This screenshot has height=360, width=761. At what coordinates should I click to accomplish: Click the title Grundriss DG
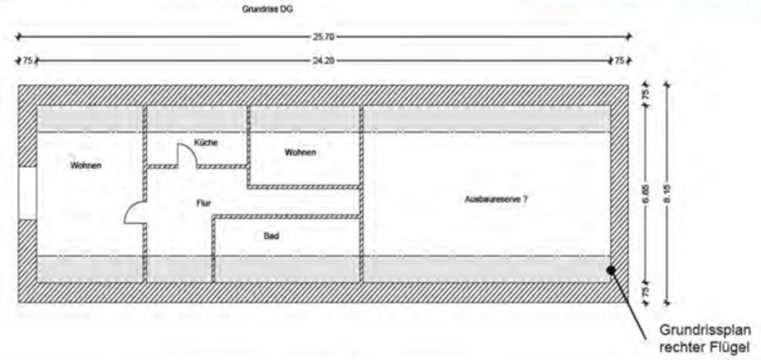coord(271,10)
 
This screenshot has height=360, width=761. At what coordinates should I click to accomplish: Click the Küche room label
coord(205,143)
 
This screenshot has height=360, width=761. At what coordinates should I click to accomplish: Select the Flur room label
coord(204,203)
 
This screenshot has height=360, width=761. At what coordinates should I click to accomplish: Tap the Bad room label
coord(271,236)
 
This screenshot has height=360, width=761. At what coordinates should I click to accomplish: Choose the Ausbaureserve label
coord(495,200)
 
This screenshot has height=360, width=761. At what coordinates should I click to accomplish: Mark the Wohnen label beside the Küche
coord(300,152)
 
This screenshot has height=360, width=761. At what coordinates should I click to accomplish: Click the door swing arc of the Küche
coord(187,157)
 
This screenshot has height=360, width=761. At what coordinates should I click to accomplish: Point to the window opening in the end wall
coord(27,193)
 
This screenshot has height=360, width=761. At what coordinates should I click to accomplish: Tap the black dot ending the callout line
coord(612,270)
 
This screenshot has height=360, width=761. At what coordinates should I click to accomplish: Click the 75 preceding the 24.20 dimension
coord(28,60)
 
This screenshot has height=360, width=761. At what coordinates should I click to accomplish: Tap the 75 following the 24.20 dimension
coord(619,60)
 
